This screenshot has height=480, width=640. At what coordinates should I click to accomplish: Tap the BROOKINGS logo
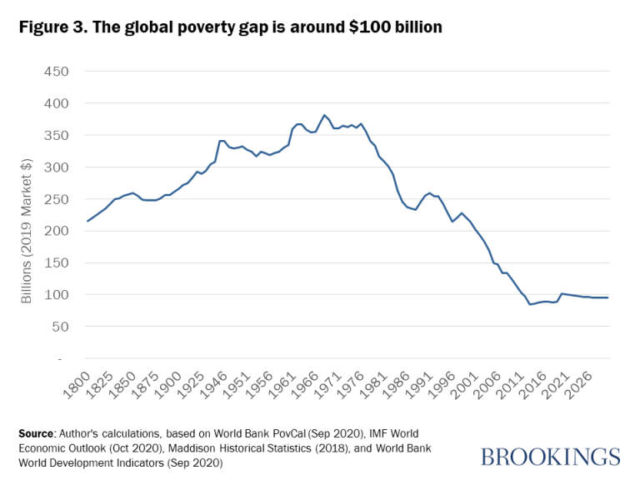(550, 457)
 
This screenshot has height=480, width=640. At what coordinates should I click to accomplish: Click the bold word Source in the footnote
(38, 435)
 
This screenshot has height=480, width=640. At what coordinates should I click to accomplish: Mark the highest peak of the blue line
(324, 115)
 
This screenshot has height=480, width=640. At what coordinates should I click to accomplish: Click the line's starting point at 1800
(87, 221)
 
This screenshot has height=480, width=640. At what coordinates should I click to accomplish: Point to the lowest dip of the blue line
(530, 304)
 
